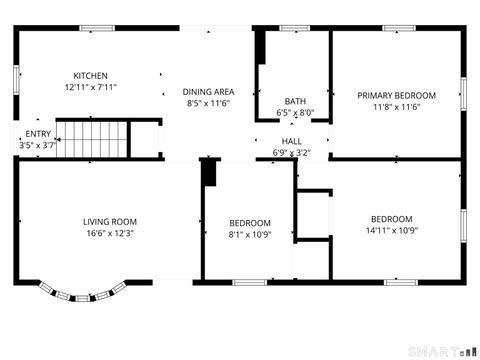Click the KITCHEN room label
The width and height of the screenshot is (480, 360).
90,76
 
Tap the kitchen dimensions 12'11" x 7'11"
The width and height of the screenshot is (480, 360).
90,87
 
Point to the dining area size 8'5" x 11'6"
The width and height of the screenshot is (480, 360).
209,103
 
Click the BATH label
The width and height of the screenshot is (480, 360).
295,101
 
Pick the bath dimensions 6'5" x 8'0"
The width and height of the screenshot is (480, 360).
295,113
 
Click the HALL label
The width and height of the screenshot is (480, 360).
292,142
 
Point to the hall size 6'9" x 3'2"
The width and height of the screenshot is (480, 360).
292,153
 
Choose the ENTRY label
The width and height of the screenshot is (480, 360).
38,134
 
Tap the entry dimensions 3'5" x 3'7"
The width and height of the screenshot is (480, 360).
38,145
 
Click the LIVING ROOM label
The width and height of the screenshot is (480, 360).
110,221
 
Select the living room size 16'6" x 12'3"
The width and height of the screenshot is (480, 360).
110,232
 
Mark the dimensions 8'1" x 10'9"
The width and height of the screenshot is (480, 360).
250,234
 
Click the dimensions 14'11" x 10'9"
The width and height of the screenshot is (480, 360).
391,230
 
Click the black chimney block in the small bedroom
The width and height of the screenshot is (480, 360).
209,173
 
